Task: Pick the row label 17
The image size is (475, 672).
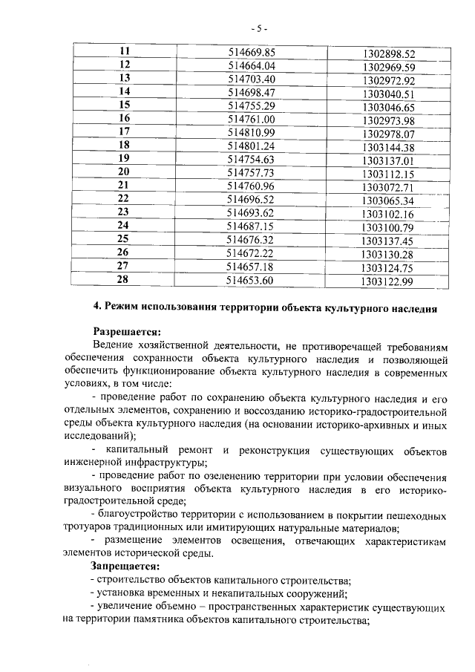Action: click(124, 131)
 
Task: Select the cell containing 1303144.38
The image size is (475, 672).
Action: click(389, 147)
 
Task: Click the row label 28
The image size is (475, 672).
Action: click(124, 279)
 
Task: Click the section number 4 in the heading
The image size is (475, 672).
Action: click(96, 307)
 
